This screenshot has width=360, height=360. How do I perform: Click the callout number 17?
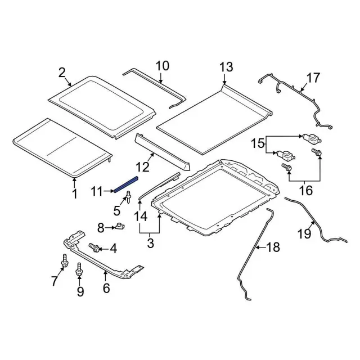click(x=312, y=77)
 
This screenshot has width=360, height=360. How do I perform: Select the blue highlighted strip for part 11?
click(x=124, y=184)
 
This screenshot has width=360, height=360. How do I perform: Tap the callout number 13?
click(x=226, y=67)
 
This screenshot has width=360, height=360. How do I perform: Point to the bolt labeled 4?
click(x=94, y=247)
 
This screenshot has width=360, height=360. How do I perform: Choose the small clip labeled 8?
click(x=120, y=227)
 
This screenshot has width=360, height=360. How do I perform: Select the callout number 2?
click(x=62, y=72)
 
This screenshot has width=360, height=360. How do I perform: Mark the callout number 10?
click(x=162, y=66)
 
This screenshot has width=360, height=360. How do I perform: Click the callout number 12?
click(x=143, y=167)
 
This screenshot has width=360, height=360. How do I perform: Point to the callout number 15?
click(x=258, y=144)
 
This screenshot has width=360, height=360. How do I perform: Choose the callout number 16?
click(x=305, y=191)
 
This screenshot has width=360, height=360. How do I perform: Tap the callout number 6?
click(x=105, y=289)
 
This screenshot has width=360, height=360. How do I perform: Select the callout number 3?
click(x=150, y=244)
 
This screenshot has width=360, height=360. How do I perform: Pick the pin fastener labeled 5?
click(x=129, y=197)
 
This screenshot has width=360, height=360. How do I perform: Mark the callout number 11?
click(x=98, y=192)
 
